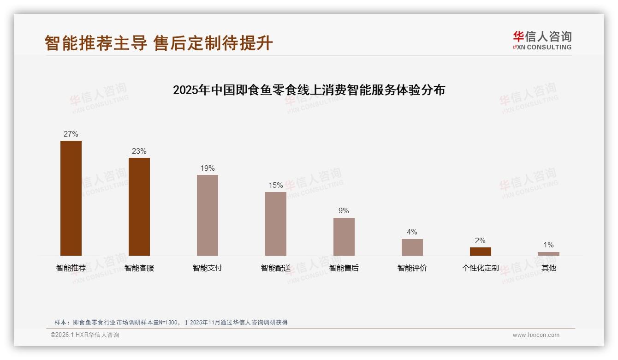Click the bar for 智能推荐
(71, 198)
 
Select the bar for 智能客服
(139, 206)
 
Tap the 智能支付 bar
(208, 215)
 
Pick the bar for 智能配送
(276, 223)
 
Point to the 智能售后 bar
(344, 236)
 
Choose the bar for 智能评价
(412, 247)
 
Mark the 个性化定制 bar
(481, 252)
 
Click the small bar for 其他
(548, 253)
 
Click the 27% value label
(71, 134)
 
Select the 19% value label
(208, 168)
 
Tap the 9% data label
(344, 211)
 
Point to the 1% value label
(548, 245)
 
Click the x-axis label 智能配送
(276, 268)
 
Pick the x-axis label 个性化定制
(481, 268)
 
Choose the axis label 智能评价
(412, 268)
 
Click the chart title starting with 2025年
(309, 90)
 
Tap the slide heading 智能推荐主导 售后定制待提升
(159, 43)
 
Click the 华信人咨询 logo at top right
(542, 40)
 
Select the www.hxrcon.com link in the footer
(536, 335)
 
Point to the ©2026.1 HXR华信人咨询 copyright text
(85, 335)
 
